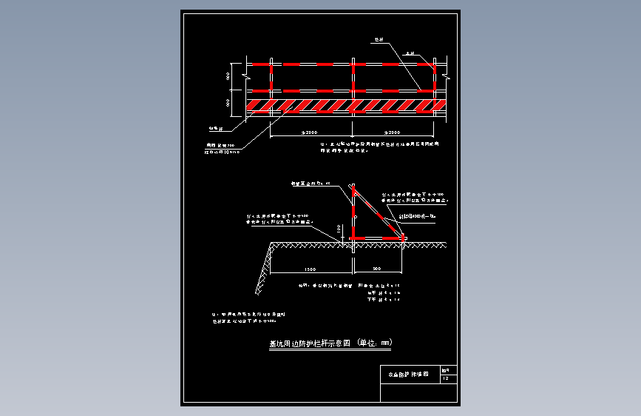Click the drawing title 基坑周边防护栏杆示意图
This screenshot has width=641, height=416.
309,343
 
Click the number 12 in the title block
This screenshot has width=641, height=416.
445,379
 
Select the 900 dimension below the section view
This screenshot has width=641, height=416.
376,268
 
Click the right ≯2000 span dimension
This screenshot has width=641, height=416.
395,132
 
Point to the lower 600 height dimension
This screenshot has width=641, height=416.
228,102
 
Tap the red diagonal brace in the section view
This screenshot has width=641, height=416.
379,214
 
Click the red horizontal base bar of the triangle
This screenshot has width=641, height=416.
377,238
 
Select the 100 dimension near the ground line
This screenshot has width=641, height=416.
339,230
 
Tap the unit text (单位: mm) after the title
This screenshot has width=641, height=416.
374,343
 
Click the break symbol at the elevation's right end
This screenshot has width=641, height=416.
447,75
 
